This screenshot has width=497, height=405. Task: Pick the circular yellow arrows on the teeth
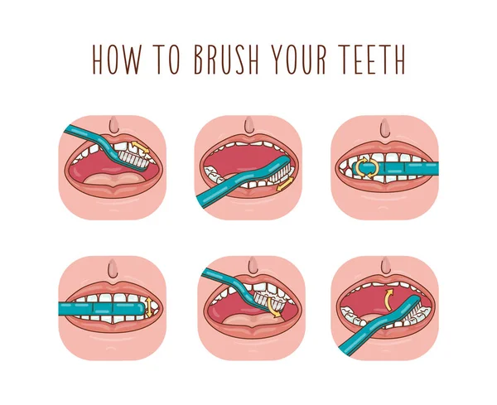click(x=364, y=168)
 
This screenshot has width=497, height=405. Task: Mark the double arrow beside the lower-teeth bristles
click(x=285, y=185)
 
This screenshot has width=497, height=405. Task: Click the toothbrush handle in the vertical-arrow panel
click(x=91, y=308)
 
